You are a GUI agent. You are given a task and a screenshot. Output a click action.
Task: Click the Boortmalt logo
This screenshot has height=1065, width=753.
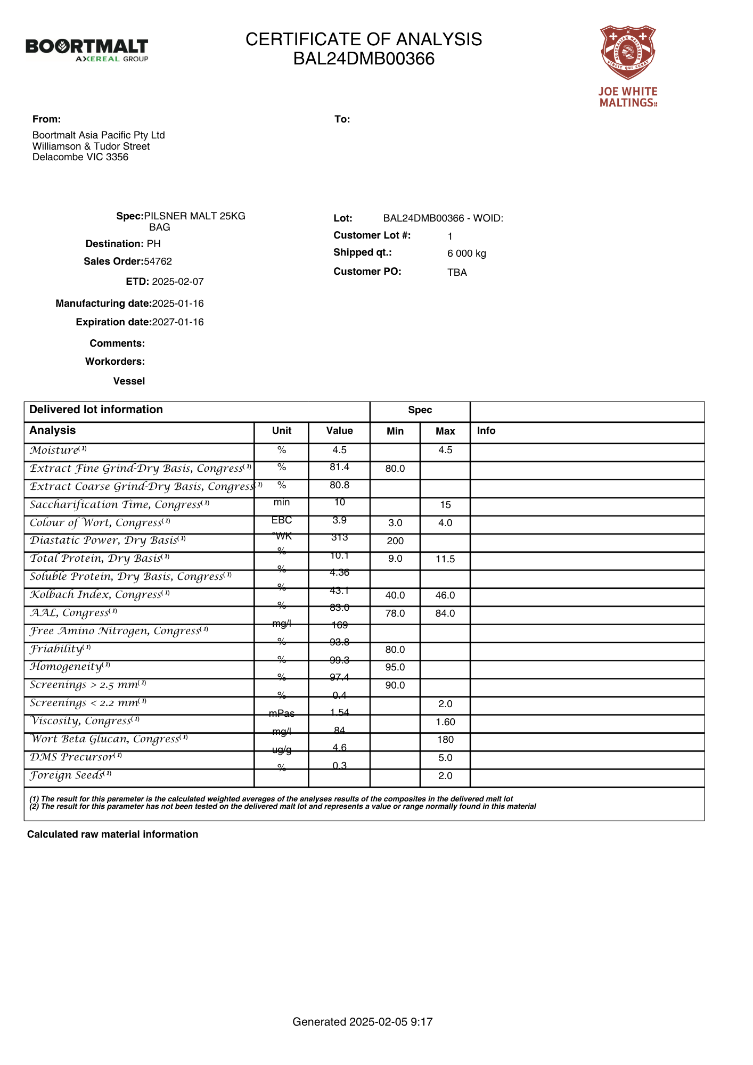[87, 50]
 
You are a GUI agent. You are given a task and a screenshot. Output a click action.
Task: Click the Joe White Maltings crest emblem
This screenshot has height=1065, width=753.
[628, 52]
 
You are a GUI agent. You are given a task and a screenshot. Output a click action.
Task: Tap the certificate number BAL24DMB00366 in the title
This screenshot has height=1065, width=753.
[364, 59]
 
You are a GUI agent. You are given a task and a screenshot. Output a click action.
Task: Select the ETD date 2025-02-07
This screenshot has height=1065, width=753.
[178, 282]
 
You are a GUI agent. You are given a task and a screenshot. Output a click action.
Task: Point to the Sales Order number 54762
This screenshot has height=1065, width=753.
[158, 261]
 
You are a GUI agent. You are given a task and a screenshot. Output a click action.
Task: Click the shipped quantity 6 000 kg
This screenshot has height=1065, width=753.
[466, 253]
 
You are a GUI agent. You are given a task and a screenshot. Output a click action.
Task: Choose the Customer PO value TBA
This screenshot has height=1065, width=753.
[457, 273]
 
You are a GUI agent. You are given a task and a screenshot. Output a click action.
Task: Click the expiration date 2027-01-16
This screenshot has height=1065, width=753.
[178, 322]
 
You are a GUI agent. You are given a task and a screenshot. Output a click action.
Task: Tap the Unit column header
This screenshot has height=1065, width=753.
[282, 431]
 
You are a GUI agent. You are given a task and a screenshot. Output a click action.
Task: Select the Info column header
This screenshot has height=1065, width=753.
[486, 431]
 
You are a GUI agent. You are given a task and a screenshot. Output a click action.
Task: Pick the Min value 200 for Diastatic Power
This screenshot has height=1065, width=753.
[395, 541]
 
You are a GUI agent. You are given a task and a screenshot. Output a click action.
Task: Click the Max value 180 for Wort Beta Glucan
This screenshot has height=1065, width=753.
[445, 740]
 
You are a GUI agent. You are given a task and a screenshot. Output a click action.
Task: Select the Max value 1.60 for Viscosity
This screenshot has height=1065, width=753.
[445, 722]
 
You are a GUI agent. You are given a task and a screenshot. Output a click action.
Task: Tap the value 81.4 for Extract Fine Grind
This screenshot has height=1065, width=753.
[339, 467]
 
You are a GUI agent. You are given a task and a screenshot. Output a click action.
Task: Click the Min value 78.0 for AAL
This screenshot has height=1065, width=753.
[395, 613]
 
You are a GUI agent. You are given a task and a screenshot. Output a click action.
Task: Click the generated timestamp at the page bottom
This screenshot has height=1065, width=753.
[363, 1022]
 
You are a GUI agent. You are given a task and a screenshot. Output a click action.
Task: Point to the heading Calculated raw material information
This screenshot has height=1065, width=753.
[112, 834]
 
